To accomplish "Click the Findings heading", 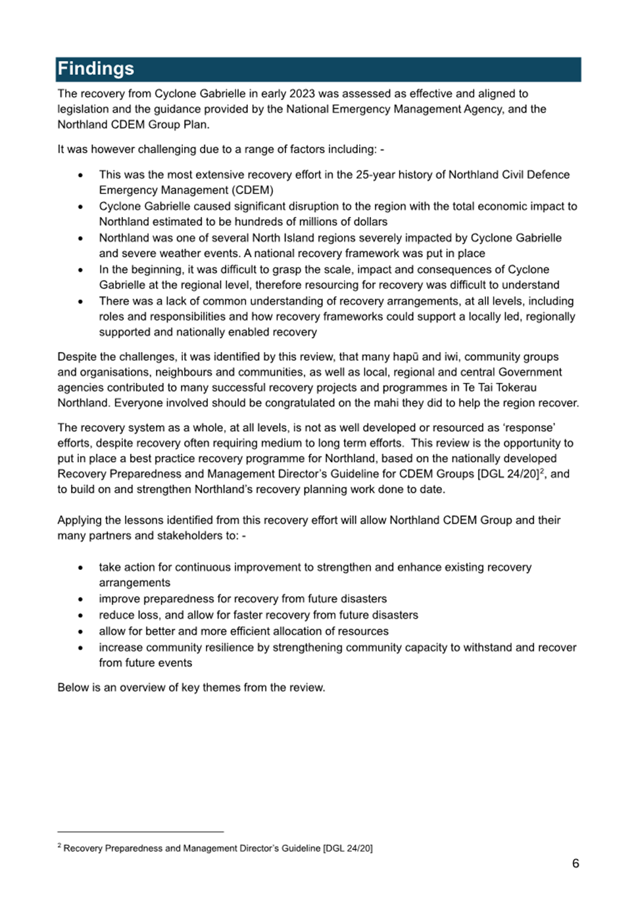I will coord(96,69).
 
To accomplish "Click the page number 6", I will coord(575,863).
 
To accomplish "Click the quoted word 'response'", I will coord(529,427).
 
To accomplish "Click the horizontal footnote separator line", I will coord(140,832).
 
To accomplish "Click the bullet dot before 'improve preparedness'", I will coord(80,600).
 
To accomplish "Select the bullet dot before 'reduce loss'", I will coord(80,615).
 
